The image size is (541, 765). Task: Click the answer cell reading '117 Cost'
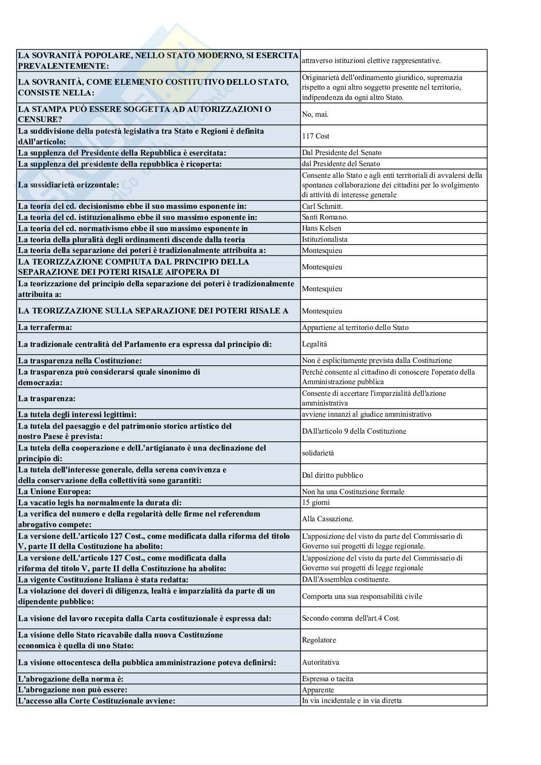coord(316,136)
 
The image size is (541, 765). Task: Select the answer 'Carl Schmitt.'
coord(322,206)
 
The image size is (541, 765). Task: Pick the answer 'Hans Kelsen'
coord(321,228)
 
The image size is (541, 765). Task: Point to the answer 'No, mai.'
coord(315,114)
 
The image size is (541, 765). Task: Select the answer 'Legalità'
coord(315,344)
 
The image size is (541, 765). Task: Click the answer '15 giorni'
coord(316,503)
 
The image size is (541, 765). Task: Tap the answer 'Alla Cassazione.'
coord(328,519)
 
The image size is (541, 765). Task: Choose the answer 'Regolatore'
coord(319,640)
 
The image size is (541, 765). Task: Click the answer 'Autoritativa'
coord(320,662)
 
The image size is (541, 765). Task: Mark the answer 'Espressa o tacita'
coord(328,679)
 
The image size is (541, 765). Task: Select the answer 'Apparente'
coord(318,690)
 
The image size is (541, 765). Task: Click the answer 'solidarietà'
coord(318,453)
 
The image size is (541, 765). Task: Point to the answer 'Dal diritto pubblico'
coord(333,475)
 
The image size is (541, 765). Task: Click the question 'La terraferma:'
coord(45,328)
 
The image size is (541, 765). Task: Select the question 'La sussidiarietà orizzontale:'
coord(68,185)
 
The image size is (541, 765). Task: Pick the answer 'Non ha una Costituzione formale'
coord(353,492)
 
